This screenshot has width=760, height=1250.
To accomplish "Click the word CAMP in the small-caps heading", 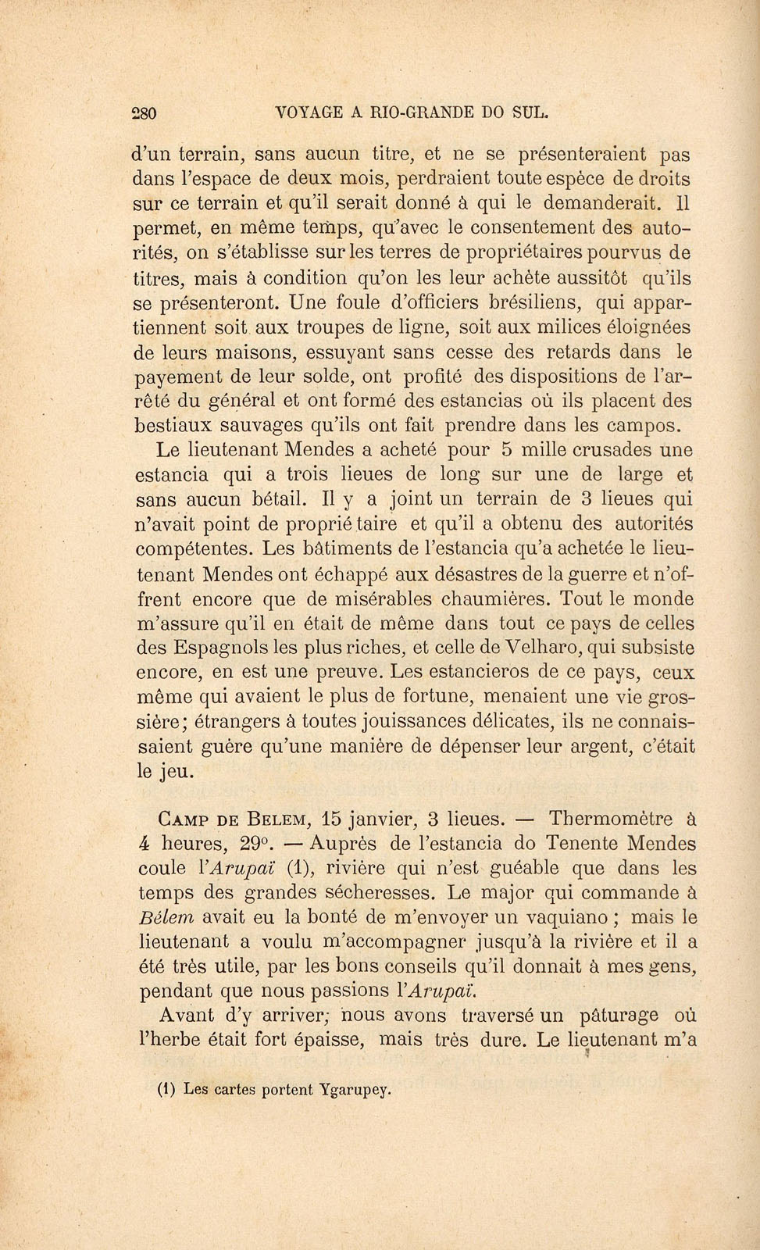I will coord(183,820).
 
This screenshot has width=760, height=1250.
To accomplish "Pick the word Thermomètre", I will coord(611,820).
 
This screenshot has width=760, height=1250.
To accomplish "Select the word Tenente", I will coord(565,845).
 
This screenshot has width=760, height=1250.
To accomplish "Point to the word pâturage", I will coord(616,1016).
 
